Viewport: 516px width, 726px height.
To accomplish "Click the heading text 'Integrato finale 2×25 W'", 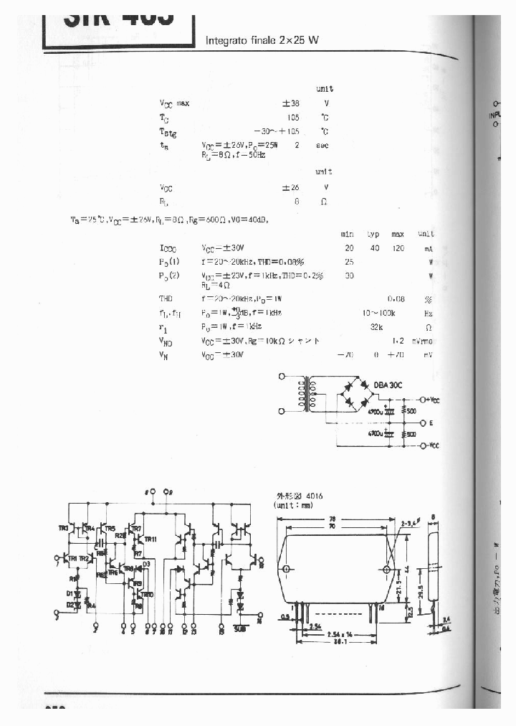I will click(262, 40).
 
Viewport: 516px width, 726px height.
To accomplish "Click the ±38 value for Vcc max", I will click(291, 103).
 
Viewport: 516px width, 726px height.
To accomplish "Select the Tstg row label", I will click(167, 131).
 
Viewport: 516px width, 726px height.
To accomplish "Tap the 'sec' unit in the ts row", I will click(322, 146).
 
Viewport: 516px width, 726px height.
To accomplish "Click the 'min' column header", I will click(348, 235).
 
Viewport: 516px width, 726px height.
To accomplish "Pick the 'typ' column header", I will click(373, 235).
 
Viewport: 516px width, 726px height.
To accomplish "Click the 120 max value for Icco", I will click(398, 248).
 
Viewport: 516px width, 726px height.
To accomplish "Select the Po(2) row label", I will click(169, 275).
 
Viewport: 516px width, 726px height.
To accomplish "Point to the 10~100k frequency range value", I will click(380, 313).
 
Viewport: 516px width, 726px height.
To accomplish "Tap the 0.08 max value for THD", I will click(396, 298).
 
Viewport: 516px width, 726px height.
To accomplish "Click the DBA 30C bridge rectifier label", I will click(388, 385).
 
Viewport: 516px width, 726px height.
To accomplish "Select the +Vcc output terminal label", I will click(432, 399).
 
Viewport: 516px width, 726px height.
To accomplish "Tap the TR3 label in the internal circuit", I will click(63, 529).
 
